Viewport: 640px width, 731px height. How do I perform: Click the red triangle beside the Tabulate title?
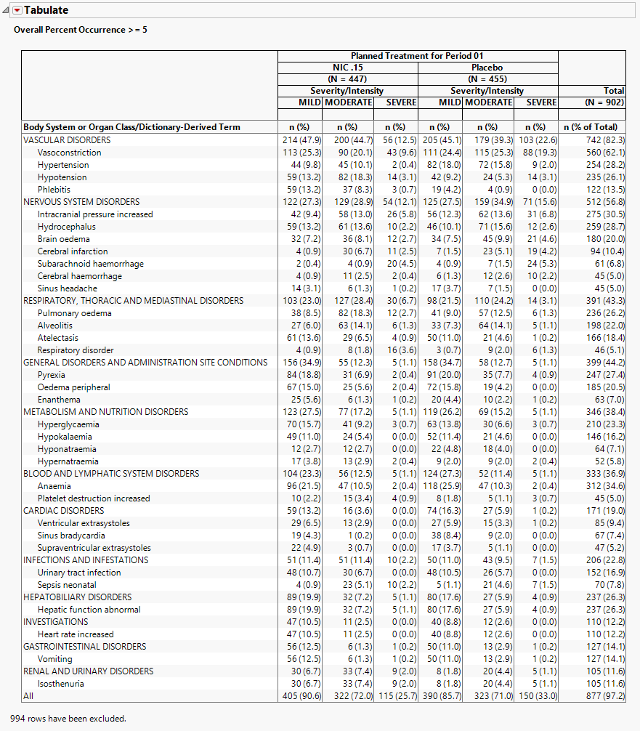[17, 10]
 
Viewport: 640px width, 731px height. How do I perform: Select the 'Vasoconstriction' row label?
[70, 153]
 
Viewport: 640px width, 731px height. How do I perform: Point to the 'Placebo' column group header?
[487, 68]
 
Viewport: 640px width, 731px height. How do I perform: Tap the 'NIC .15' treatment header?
[347, 68]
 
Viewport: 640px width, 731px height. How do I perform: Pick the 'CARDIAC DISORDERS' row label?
[64, 511]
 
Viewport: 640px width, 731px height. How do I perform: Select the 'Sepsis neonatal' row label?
[67, 585]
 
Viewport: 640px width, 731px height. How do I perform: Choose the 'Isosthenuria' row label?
[61, 684]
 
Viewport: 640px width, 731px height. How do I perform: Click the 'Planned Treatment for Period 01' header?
[417, 56]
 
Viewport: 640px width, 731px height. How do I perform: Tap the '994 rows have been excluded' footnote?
[68, 719]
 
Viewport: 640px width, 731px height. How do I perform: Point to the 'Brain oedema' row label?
[64, 239]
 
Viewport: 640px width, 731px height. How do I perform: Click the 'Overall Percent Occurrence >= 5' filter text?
[81, 30]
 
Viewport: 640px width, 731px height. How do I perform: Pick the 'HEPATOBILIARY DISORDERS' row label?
[78, 597]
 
